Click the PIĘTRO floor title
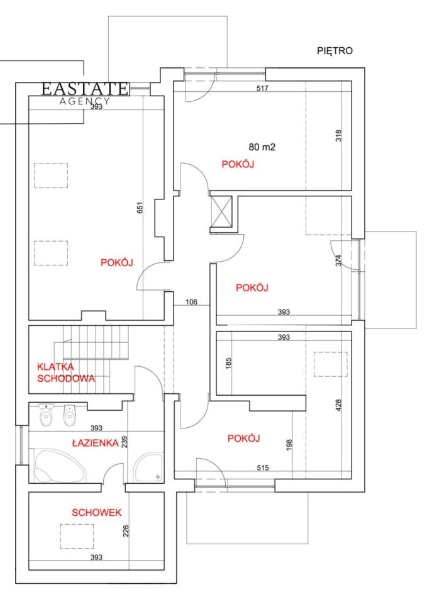335,51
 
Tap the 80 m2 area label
262,147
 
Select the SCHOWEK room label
97,512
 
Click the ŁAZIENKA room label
95,443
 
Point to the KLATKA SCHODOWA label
66,372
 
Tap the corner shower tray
149,467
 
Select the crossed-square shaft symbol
222,211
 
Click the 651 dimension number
140,208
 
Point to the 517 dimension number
262,88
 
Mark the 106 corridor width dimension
191,302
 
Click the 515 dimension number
263,468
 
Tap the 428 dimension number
338,405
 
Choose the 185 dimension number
228,364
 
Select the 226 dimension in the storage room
126,531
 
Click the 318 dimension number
338,136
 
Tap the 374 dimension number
338,260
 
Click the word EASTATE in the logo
85,89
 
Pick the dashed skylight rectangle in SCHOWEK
77,536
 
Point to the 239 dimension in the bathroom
125,442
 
